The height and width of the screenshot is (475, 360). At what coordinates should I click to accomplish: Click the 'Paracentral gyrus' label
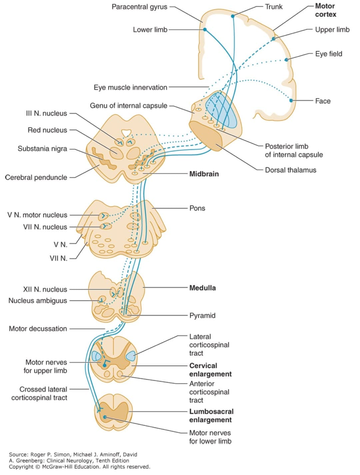pos(139,7)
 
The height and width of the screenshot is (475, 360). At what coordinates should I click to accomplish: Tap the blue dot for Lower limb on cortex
pos(205,29)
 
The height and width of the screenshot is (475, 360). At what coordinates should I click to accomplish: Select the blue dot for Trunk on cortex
pos(233,16)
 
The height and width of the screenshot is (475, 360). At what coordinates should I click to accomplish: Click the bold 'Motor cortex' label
pos(325,10)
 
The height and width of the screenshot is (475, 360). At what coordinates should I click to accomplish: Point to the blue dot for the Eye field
pos(286,60)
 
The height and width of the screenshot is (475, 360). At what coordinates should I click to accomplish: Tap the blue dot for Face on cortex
pos(291,100)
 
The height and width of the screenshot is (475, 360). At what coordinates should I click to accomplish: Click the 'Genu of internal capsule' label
pos(128,106)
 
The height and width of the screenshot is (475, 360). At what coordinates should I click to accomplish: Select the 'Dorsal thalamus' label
pos(290,170)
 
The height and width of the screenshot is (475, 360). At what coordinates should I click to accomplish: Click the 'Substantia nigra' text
pos(42,149)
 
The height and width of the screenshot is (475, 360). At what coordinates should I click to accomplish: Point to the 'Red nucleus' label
pos(47,130)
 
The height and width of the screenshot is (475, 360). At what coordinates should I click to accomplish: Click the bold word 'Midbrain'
pos(204,174)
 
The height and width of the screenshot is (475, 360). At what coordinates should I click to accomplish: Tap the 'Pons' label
pos(197,208)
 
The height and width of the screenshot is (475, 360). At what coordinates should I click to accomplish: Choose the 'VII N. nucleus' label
pos(45,227)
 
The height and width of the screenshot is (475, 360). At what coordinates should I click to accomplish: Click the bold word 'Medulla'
pos(202,288)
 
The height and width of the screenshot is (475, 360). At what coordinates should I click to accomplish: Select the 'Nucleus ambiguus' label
pos(38,301)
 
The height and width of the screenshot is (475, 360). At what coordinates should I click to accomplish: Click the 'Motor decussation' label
pos(38,329)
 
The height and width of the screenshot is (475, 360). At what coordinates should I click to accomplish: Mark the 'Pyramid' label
pos(202,316)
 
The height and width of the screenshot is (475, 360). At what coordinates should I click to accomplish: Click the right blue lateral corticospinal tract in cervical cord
pos(131,356)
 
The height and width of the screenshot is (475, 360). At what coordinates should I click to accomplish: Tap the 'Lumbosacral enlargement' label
pos(211,416)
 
